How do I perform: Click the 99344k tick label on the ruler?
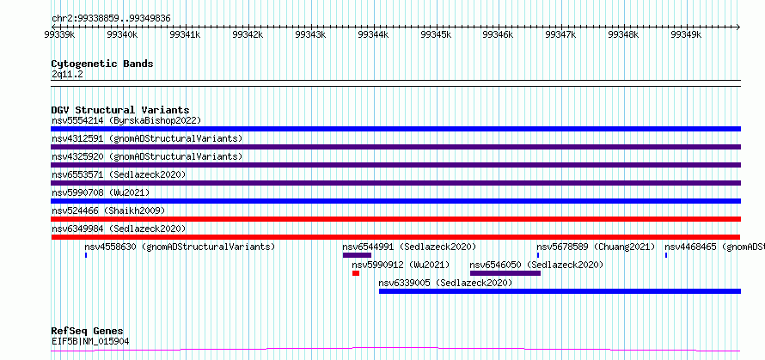[373, 34]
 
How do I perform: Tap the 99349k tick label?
[686, 34]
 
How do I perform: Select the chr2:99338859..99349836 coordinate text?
[111, 19]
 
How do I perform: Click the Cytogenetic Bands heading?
[102, 64]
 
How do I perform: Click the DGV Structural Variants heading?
[120, 110]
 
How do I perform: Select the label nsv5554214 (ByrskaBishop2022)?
[126, 120]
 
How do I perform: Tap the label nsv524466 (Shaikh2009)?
[109, 211]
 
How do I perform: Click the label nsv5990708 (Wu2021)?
[101, 192]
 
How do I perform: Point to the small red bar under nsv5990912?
[356, 273]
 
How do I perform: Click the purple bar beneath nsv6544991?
[357, 255]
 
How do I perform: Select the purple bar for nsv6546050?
[505, 273]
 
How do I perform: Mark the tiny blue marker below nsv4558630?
[86, 255]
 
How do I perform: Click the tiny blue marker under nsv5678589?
[537, 255]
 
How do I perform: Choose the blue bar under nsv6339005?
[560, 291]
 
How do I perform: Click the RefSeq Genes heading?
[88, 331]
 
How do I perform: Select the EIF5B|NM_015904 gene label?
[90, 341]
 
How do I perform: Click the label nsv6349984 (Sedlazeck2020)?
[119, 229]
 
